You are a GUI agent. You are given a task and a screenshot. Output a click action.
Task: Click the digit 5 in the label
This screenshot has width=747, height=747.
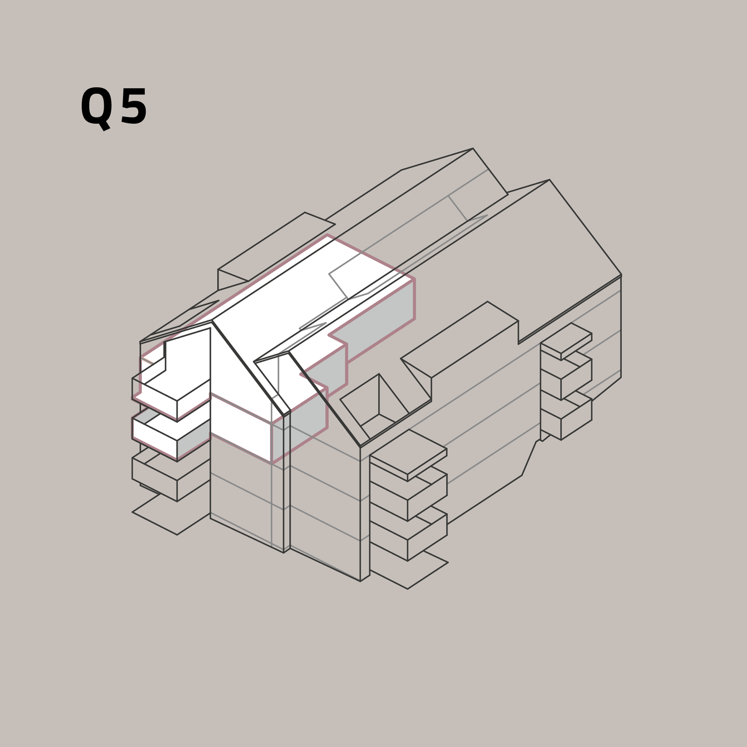(x=134, y=106)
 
